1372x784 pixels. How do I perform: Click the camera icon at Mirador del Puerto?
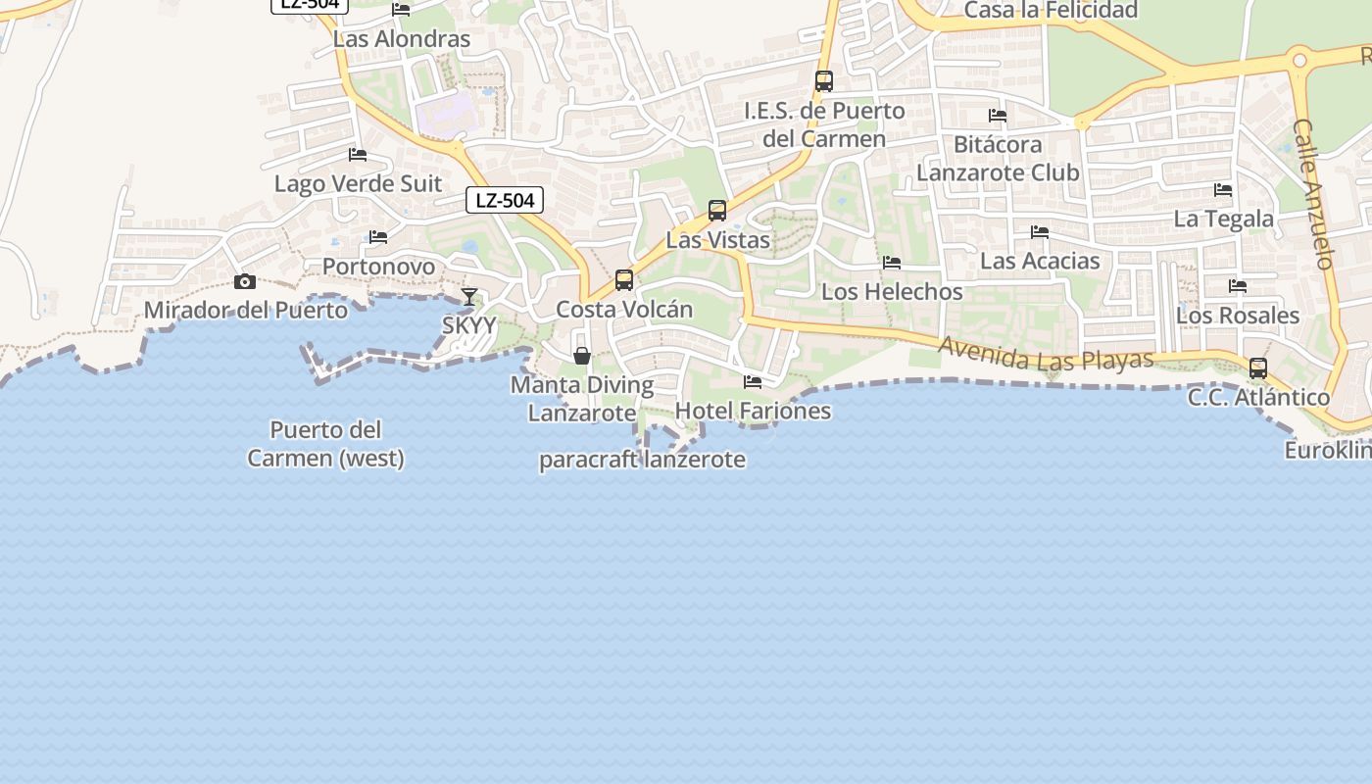click(245, 282)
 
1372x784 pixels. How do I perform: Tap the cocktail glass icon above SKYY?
click(469, 297)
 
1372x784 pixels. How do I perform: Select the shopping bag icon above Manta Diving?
click(582, 355)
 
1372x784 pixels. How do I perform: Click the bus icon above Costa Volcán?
click(624, 280)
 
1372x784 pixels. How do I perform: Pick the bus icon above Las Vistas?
click(717, 211)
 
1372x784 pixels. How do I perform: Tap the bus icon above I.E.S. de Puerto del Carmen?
click(824, 81)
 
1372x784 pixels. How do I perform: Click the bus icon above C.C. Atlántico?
click(1258, 368)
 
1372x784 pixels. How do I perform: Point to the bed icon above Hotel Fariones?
click(753, 382)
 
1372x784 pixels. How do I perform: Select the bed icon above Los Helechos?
click(892, 263)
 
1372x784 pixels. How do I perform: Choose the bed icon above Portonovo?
click(378, 237)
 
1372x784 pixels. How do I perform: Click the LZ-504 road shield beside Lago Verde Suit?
click(505, 201)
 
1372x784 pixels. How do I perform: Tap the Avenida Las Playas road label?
click(1046, 355)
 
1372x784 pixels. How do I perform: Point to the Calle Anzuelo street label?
click(1314, 194)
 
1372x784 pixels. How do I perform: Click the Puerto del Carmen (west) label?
click(325, 444)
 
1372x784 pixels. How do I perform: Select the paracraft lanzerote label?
click(642, 460)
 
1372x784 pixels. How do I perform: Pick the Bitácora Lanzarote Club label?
click(998, 159)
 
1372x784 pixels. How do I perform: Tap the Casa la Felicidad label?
click(1051, 11)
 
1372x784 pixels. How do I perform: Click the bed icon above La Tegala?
click(1223, 190)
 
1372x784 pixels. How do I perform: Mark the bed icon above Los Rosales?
click(1238, 286)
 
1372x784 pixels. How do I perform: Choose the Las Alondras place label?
click(402, 39)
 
